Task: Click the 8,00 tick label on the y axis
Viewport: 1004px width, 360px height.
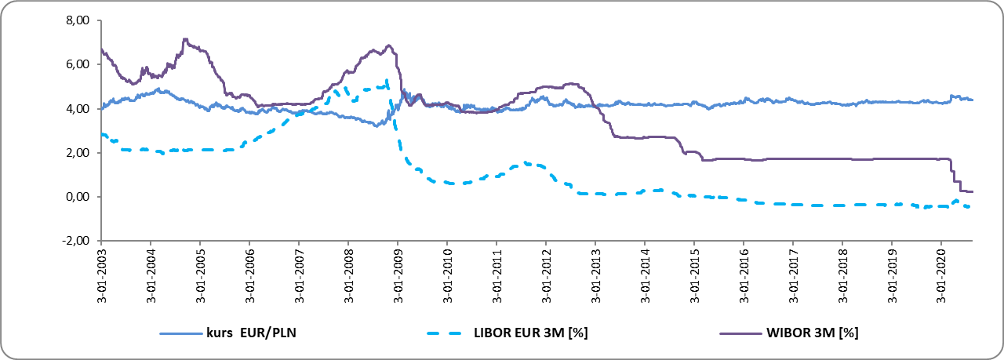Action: [78, 20]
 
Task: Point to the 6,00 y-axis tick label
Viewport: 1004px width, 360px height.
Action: [78, 64]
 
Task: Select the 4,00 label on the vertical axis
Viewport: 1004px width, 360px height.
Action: [78, 108]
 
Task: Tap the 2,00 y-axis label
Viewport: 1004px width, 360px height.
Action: [78, 153]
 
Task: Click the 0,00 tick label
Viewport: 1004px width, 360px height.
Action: [78, 197]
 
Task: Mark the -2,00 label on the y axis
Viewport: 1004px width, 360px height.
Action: [75, 241]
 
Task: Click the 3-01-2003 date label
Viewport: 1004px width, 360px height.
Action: [102, 275]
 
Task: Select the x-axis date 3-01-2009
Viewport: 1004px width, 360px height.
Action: [398, 275]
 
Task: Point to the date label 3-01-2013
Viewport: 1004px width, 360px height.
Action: [595, 275]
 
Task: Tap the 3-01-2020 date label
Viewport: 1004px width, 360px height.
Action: [941, 275]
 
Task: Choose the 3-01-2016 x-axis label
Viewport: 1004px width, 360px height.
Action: [744, 275]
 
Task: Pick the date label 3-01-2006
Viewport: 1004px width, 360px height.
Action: [250, 275]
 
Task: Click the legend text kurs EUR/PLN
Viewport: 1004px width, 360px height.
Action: [251, 333]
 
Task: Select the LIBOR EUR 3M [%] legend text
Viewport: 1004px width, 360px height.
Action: [531, 333]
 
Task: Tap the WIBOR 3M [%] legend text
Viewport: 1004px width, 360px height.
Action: [812, 333]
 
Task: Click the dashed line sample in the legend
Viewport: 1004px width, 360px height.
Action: [444, 333]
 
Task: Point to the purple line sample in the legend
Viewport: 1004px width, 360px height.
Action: [740, 333]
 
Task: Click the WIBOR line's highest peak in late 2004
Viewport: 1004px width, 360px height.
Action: [185, 39]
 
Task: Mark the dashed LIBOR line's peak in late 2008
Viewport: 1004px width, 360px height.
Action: [387, 80]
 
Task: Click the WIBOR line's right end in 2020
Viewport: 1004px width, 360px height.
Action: [972, 192]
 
